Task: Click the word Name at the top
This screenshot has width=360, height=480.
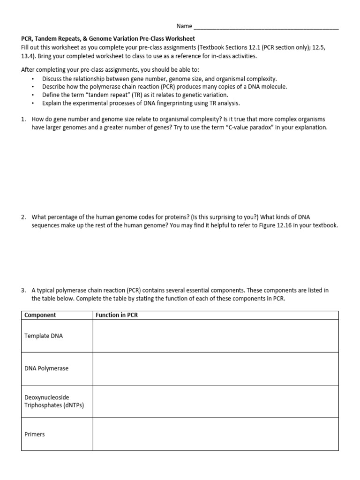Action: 184,26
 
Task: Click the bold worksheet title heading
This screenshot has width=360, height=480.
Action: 108,38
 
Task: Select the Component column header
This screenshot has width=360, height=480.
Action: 40,315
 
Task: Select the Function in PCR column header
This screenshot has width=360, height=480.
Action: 117,315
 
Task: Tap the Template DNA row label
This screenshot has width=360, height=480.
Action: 44,336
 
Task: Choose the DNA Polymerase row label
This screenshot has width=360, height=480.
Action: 46,368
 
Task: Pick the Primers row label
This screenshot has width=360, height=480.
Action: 35,434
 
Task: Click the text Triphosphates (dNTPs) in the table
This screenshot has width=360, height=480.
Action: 54,405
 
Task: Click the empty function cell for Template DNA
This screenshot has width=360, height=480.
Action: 215,336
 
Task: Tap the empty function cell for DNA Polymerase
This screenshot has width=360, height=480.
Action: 215,368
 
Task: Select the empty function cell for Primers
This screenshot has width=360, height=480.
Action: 215,434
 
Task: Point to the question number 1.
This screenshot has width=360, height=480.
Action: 23,119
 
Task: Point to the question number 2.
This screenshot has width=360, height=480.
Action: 23,217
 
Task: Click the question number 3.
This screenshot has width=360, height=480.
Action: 23,290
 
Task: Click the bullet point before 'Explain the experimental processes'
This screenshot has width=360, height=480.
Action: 33,103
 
